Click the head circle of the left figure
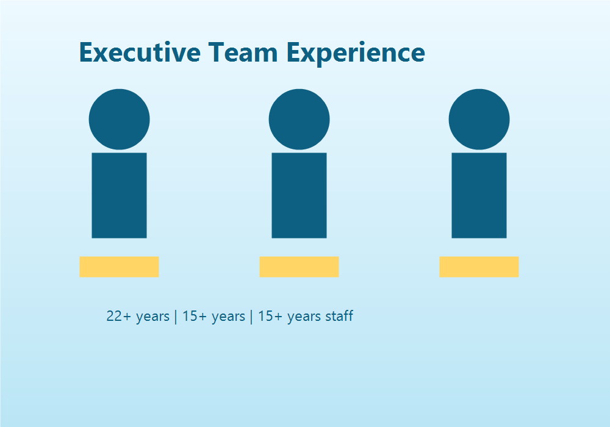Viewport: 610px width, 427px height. (119, 119)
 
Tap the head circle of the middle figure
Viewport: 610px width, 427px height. (299, 119)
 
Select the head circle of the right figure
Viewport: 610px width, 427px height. (479, 119)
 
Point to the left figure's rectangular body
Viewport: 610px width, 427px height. (119, 195)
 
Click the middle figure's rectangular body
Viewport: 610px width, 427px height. (299, 195)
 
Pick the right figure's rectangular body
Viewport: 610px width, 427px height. (479, 195)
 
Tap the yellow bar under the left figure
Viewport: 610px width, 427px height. (119, 267)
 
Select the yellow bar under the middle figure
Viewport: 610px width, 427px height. (299, 267)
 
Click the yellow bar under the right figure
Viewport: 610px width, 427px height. (479, 267)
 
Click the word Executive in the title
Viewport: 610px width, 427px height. (140, 52)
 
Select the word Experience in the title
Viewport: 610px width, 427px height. (356, 52)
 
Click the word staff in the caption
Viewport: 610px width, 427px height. (338, 317)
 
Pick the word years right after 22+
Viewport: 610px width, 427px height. (152, 317)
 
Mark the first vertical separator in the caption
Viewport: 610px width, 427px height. (176, 317)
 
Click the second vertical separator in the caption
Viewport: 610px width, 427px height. (251, 317)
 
